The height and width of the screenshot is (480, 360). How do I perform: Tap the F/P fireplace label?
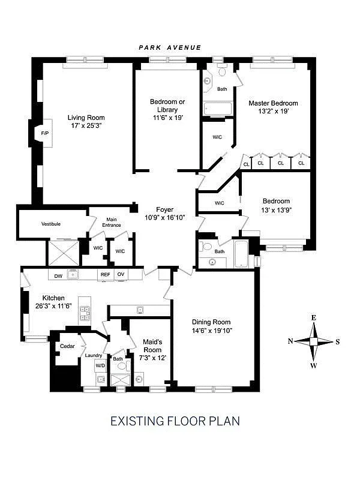[44, 132]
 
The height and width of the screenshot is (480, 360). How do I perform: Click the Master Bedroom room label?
[273, 103]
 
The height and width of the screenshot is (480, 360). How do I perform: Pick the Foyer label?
[164, 209]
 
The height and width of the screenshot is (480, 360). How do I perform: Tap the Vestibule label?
[51, 224]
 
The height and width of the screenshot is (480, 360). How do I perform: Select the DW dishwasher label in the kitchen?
[59, 276]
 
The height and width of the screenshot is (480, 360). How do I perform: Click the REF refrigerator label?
[105, 275]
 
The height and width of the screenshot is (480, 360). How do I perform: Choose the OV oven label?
[120, 275]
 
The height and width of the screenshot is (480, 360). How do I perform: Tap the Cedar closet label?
[66, 347]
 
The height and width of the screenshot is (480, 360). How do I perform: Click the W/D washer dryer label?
[100, 365]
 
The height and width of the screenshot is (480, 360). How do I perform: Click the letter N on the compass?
[290, 341]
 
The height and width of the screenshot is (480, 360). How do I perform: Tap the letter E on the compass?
[313, 317]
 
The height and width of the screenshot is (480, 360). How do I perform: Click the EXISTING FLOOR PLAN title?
[175, 421]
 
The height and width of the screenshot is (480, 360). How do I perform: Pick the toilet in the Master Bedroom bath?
[221, 73]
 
